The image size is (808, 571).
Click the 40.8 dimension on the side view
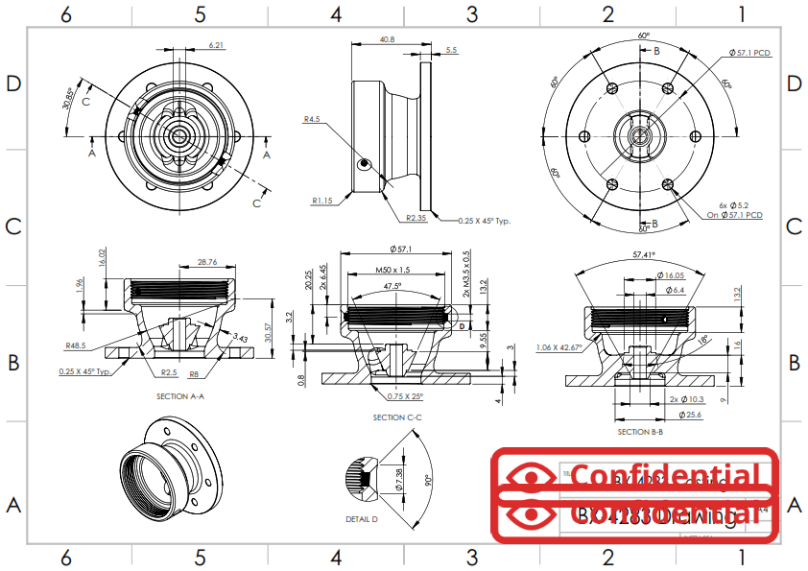coord(387,39)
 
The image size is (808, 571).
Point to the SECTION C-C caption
coord(396,417)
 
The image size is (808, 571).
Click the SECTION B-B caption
coord(641,432)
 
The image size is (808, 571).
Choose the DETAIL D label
coord(362,519)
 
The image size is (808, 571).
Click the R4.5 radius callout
coord(311,120)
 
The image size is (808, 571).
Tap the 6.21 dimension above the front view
coord(217,45)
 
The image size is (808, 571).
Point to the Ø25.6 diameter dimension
coord(690,415)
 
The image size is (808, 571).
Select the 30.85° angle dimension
coord(68,98)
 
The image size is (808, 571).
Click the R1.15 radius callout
coord(321,201)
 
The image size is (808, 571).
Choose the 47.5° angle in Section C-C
coord(392,286)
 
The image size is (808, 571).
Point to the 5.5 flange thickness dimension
coord(451,50)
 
